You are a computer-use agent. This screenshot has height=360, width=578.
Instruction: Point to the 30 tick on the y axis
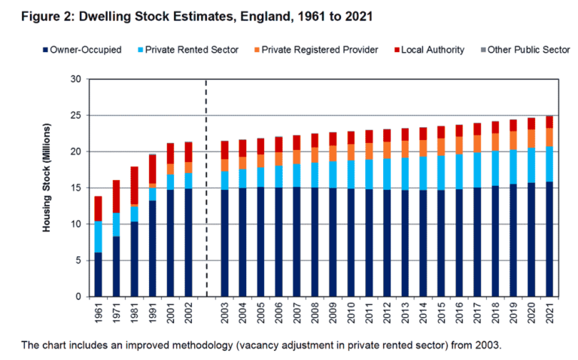[75, 79]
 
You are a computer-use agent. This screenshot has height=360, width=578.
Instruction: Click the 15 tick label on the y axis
[75, 188]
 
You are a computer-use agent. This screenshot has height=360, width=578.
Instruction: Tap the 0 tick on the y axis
[78, 297]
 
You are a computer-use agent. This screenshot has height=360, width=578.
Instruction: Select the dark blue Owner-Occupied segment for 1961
[99, 274]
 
